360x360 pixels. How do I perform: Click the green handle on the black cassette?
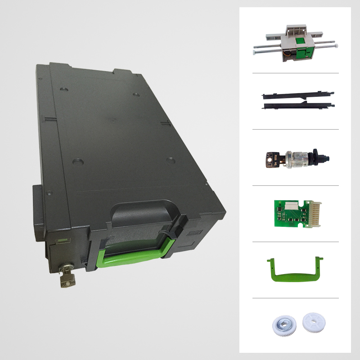135,256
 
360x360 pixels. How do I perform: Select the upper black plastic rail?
297,95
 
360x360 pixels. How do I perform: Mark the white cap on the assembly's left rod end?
255,53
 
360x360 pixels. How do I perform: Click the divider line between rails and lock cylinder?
295,129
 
